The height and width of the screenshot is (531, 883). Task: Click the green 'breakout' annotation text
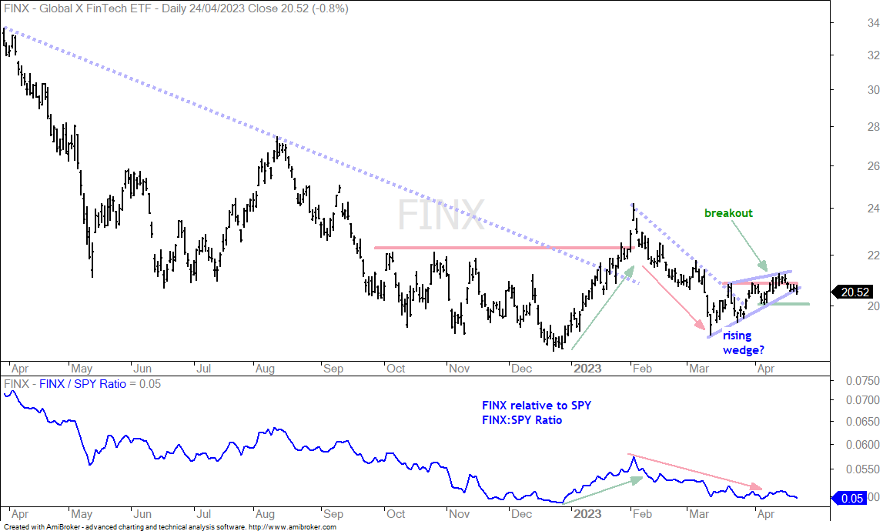click(x=728, y=213)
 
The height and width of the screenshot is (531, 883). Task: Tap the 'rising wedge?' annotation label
click(x=744, y=342)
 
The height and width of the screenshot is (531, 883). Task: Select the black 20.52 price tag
click(x=855, y=292)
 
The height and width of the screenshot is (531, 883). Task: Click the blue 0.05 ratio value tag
click(x=851, y=498)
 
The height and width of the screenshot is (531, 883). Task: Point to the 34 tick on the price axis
click(x=874, y=23)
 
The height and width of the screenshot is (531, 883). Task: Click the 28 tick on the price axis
click(x=874, y=127)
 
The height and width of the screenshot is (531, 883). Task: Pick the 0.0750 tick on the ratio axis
click(x=863, y=381)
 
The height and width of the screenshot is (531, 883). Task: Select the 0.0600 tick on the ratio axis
click(x=863, y=444)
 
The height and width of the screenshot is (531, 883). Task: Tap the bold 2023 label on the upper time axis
click(x=587, y=369)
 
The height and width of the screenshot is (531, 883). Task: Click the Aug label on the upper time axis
click(x=265, y=369)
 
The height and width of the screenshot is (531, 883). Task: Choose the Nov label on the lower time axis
click(x=459, y=513)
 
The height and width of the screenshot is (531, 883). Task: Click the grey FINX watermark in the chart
click(x=441, y=215)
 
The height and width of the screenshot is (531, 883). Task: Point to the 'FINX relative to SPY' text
click(x=537, y=405)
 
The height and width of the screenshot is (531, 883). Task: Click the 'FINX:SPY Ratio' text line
click(x=522, y=420)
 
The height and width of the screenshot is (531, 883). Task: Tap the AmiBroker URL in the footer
click(x=293, y=527)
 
